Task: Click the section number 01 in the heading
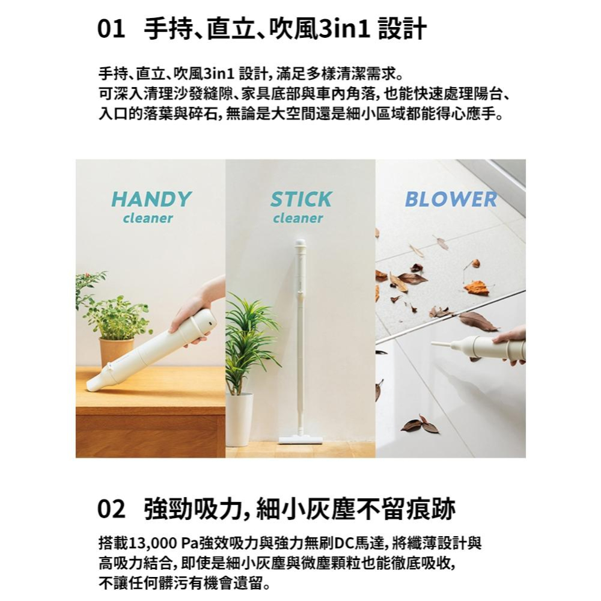pyautogui.click(x=112, y=29)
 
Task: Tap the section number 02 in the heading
pyautogui.click(x=112, y=510)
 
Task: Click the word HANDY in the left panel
pyautogui.click(x=151, y=199)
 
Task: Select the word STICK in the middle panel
pyautogui.click(x=300, y=199)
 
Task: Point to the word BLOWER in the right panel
pyautogui.click(x=451, y=199)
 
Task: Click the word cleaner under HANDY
pyautogui.click(x=148, y=218)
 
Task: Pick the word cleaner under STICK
pyautogui.click(x=298, y=218)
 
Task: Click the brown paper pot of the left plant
pyautogui.click(x=116, y=352)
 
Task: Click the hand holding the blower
pyautogui.click(x=511, y=344)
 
